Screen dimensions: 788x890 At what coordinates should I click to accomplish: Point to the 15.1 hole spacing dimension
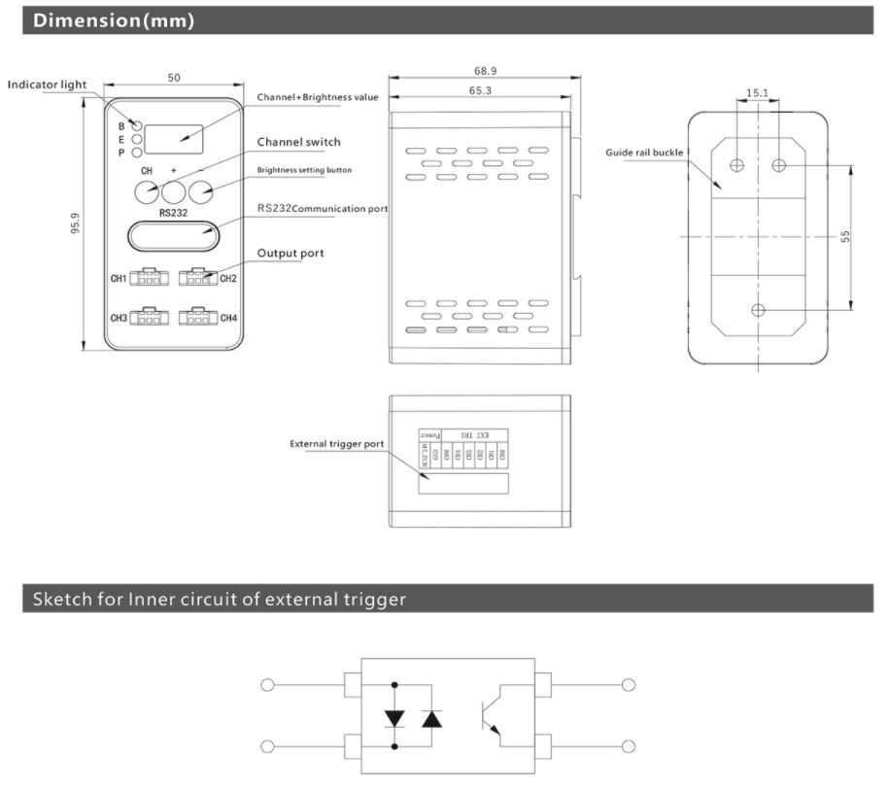pyautogui.click(x=758, y=94)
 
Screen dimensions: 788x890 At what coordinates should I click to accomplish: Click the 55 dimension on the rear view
pyautogui.click(x=845, y=236)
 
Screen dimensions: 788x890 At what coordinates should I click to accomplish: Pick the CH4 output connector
pyautogui.click(x=196, y=317)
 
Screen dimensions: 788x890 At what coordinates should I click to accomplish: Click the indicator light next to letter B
pyautogui.click(x=138, y=126)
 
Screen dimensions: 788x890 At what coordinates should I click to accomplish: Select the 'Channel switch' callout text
pyautogui.click(x=298, y=142)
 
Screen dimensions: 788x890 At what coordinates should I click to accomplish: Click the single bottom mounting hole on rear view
pyautogui.click(x=758, y=310)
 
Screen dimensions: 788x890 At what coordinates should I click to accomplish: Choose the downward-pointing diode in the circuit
pyautogui.click(x=395, y=718)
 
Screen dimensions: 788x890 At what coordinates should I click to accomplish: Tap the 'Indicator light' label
pyautogui.click(x=47, y=85)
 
